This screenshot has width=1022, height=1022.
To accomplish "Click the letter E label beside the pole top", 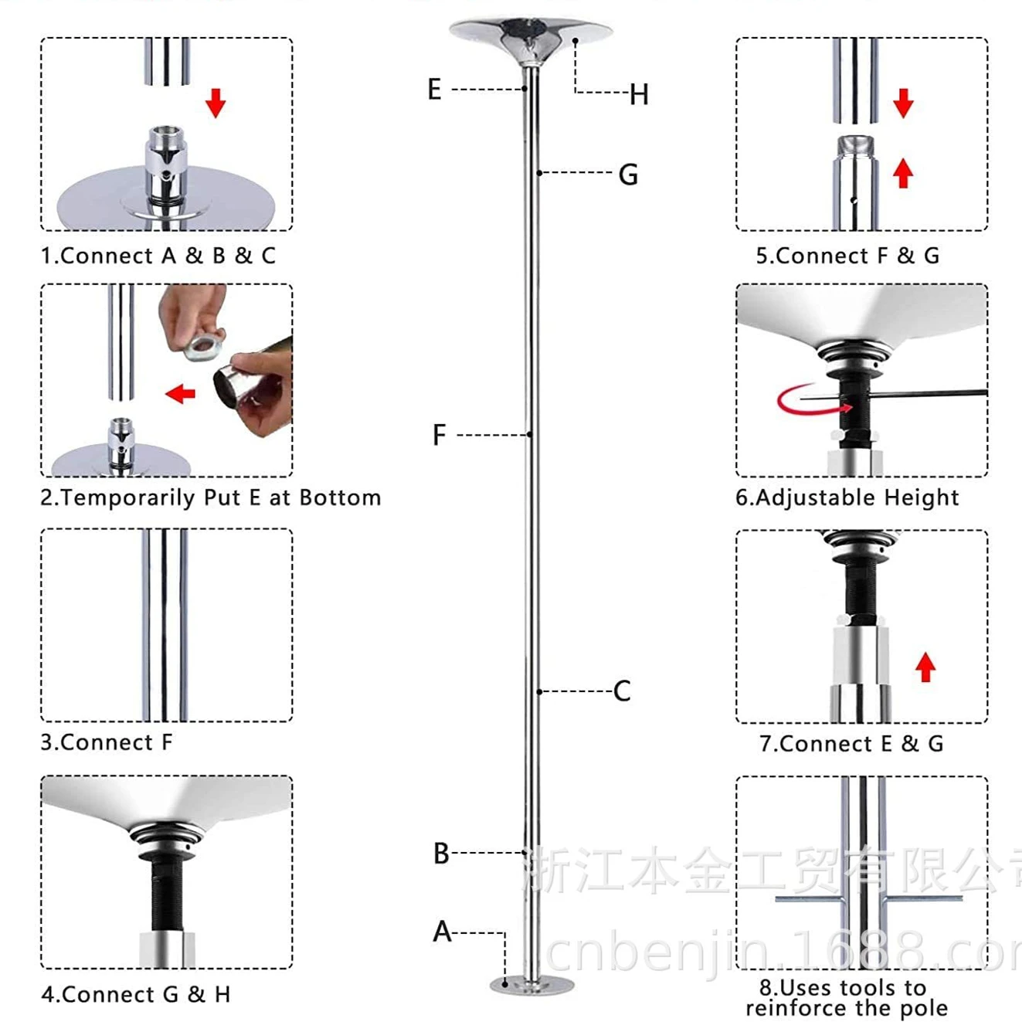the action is (x=434, y=90).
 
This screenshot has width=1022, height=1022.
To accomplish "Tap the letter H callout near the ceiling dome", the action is (x=638, y=95).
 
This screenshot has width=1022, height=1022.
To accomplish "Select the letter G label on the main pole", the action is (x=628, y=175).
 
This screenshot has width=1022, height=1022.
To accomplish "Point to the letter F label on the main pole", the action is (x=439, y=436).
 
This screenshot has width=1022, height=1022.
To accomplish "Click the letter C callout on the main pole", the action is (x=622, y=691).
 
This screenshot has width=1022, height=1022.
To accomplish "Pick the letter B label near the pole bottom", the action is (x=441, y=854).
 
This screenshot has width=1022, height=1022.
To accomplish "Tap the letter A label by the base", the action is (x=442, y=932).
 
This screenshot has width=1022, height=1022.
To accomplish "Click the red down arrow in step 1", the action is (x=216, y=102).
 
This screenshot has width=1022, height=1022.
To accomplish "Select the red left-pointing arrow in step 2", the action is (x=181, y=394).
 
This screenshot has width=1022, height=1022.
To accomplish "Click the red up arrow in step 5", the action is (x=903, y=173).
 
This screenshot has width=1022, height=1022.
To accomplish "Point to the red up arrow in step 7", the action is (x=925, y=667).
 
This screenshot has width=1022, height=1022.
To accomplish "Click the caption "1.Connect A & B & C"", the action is (x=158, y=256).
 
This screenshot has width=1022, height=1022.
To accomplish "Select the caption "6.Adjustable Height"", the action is (x=847, y=497).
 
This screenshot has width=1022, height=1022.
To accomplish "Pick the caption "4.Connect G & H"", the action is (x=136, y=994).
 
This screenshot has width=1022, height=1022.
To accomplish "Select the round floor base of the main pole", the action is (x=532, y=985).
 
